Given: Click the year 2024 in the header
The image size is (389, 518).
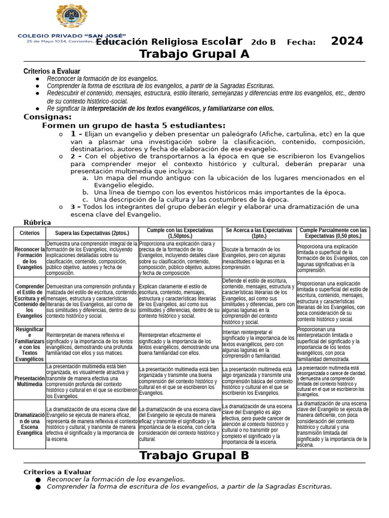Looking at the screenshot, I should [347, 41].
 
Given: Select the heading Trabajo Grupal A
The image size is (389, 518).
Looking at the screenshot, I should [194, 54].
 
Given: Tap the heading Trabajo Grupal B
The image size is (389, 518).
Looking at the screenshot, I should [194, 455].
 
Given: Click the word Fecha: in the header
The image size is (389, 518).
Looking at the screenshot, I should [301, 42].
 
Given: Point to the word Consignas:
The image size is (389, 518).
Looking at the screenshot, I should [48, 117].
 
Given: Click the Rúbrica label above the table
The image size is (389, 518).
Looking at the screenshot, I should [37, 222].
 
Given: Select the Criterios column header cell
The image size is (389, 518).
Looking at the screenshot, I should [29, 233].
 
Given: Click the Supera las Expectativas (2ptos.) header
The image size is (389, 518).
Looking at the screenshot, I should [92, 233].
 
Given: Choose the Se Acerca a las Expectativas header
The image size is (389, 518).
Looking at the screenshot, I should [259, 233].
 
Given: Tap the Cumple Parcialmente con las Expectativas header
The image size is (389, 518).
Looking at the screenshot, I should [333, 233].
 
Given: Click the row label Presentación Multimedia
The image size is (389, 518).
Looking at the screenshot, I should [29, 381].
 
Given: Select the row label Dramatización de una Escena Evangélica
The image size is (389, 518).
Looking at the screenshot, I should [29, 424].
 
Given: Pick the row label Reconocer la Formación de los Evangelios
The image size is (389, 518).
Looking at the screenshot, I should [29, 258].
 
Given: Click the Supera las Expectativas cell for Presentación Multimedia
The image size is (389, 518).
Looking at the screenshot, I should [92, 381].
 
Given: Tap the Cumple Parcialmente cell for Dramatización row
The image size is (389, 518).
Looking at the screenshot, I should [333, 424].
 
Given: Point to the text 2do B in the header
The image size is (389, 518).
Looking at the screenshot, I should [263, 42].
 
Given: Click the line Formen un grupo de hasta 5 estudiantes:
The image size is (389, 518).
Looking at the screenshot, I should [134, 125].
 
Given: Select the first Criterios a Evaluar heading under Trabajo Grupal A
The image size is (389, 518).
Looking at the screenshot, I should [52, 71].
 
